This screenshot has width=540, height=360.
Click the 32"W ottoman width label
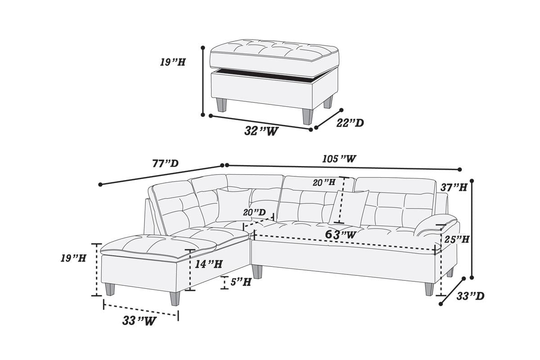(x=261, y=131)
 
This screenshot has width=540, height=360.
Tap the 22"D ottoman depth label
(x=350, y=123)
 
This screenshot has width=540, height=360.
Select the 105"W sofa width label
(x=339, y=159)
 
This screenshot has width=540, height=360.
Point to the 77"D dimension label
(x=165, y=163)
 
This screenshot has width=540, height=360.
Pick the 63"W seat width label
(x=341, y=234)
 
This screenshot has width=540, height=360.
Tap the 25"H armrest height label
(x=457, y=240)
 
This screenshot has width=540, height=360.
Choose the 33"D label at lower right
(x=470, y=296)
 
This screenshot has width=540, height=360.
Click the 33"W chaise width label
(x=139, y=321)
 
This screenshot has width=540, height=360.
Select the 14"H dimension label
(x=209, y=265)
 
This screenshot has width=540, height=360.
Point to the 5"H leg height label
(x=241, y=283)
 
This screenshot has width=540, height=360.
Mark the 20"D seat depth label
(x=254, y=212)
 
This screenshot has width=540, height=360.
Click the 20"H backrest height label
(x=324, y=182)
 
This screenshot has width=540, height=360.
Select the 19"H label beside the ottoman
(x=172, y=62)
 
